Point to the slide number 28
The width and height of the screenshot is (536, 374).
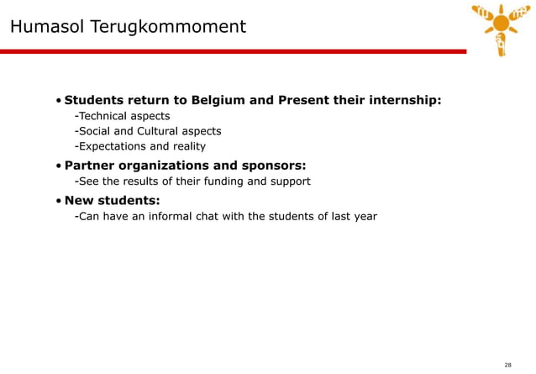(x=507, y=365)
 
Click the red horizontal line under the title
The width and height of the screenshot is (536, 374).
(x=235, y=51)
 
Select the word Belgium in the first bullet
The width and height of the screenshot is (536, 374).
(x=219, y=100)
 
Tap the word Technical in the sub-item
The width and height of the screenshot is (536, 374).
(x=103, y=116)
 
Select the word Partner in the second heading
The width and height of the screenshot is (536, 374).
(x=91, y=165)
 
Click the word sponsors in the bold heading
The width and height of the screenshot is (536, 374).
(x=268, y=165)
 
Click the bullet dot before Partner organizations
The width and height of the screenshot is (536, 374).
(x=58, y=166)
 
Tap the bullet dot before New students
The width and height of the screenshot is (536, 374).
(x=58, y=201)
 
